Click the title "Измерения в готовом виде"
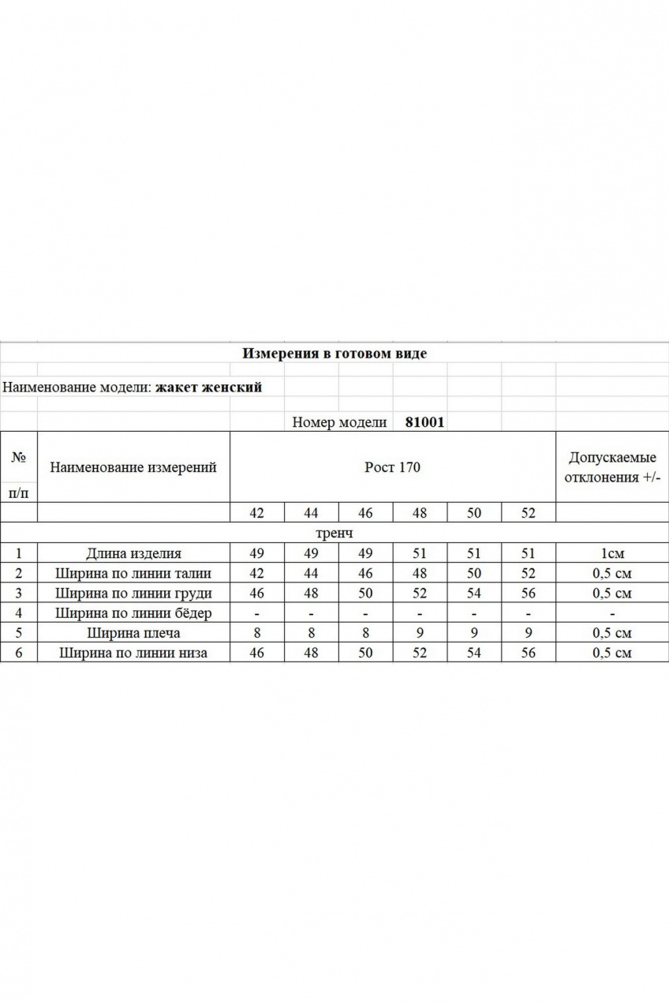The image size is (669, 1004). (334, 354)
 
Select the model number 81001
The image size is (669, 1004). (424, 422)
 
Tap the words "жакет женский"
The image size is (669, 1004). (208, 388)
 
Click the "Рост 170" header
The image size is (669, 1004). (392, 467)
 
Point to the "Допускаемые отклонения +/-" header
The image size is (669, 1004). (612, 467)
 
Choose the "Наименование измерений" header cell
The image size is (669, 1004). (133, 467)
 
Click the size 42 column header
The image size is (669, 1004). (256, 513)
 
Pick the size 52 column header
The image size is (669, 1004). (529, 513)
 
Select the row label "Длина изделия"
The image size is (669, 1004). (133, 554)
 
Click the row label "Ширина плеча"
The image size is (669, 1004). (133, 633)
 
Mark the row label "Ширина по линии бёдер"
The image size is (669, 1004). (133, 613)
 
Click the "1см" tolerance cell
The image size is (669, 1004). (612, 554)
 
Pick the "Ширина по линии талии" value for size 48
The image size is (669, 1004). (420, 574)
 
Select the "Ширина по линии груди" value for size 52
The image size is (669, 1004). (529, 594)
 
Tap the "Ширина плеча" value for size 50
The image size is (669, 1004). (474, 633)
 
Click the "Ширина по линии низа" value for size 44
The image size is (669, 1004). (311, 653)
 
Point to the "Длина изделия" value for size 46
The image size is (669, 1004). (365, 554)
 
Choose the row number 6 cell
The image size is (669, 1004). (18, 653)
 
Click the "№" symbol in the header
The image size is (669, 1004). (18, 457)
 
